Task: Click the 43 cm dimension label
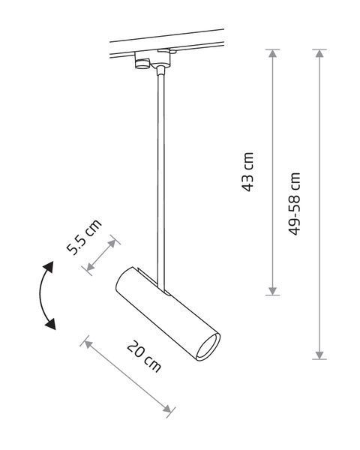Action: click(x=247, y=172)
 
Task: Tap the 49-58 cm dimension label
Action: click(x=294, y=204)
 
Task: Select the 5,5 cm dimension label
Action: click(x=84, y=237)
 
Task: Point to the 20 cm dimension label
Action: click(x=144, y=356)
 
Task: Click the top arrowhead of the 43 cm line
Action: click(x=272, y=53)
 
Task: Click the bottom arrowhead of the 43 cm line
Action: click(x=272, y=291)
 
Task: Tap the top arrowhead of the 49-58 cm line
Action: click(x=319, y=53)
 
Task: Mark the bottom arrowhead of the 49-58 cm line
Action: click(x=319, y=355)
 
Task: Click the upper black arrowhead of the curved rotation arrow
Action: click(x=49, y=267)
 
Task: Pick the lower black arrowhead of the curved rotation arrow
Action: click(x=50, y=324)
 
